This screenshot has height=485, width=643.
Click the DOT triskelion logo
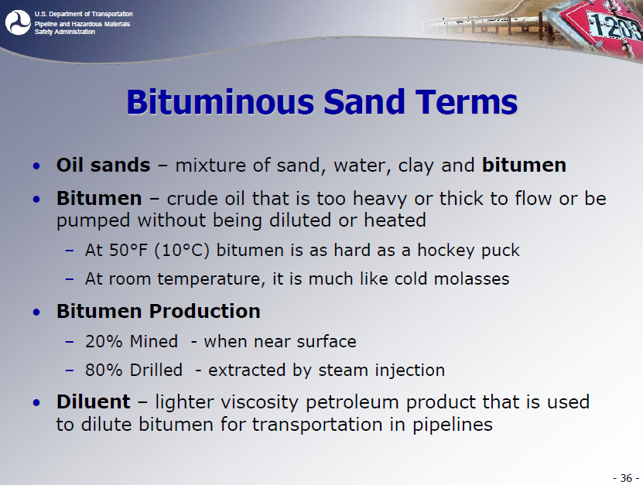point(18,22)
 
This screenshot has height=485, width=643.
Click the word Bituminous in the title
point(221,101)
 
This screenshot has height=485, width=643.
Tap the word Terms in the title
point(466,101)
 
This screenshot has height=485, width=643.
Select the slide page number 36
point(626,478)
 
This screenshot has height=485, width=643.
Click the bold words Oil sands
point(104,166)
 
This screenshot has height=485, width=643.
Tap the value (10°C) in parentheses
point(182,251)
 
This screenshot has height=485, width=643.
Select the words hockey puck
point(468,251)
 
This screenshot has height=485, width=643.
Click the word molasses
point(471,278)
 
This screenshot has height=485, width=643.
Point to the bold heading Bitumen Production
point(159,311)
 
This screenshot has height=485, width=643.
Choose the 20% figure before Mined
point(104,341)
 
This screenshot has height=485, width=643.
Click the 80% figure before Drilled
point(104,370)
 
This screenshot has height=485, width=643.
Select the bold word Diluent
point(94,401)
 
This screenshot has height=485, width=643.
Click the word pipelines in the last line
point(453,425)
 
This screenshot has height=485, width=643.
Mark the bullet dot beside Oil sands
point(37,166)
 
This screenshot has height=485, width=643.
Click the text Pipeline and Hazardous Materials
point(82,24)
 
